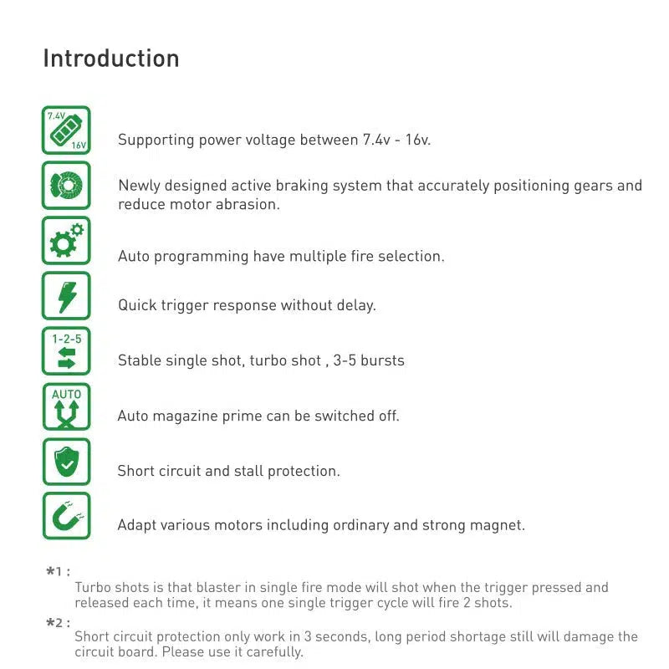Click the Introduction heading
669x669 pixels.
tap(111, 59)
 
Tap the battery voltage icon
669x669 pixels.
tap(66, 130)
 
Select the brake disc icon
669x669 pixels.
tap(66, 185)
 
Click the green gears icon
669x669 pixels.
tap(66, 241)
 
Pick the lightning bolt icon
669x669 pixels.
tap(66, 296)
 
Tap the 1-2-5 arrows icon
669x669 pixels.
tap(66, 351)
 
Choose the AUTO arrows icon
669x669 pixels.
tap(66, 406)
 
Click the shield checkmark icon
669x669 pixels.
tap(66, 462)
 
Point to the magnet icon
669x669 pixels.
tap(66, 516)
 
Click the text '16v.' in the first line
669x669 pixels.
tap(416, 140)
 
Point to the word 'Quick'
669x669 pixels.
tap(136, 305)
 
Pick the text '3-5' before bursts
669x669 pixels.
tap(343, 361)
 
